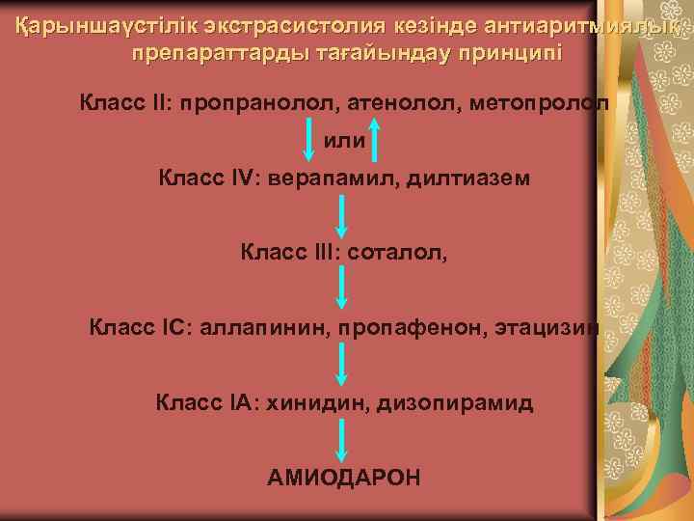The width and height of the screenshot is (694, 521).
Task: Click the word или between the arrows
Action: pos(343,141)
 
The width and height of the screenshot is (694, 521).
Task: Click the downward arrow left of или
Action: pos(308,139)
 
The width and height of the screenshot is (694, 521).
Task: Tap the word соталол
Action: pos(397,254)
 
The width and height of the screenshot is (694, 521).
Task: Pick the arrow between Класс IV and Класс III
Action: pos(341,215)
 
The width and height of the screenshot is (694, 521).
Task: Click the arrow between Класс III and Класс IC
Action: pos(341,288)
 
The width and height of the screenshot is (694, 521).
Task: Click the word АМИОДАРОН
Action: pos(343,478)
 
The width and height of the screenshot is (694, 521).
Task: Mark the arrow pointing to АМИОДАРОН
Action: pos(341,440)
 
